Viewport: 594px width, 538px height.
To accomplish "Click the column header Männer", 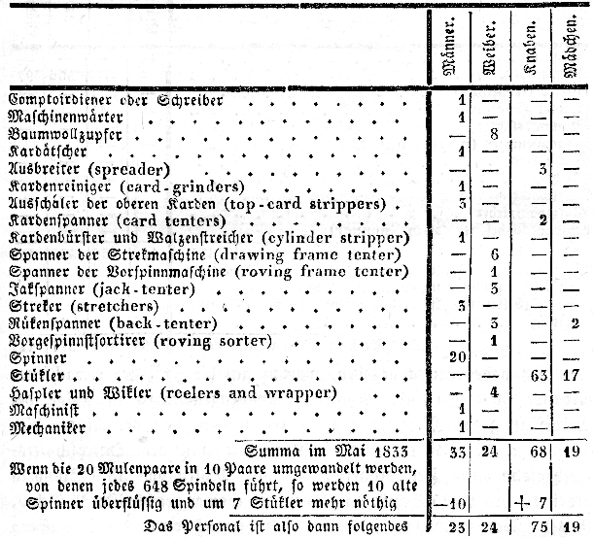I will pyautogui.click(x=451, y=50).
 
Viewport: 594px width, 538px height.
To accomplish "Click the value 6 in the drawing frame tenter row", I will pyautogui.click(x=495, y=253).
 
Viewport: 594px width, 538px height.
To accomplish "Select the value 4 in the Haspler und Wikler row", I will pyautogui.click(x=495, y=392).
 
